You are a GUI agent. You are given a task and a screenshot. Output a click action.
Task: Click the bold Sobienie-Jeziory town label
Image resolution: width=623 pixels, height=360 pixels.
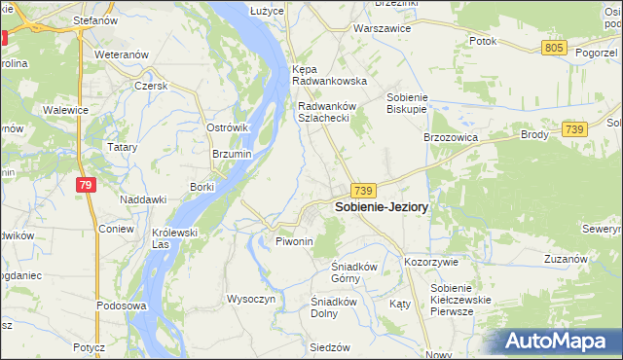click(382, 207)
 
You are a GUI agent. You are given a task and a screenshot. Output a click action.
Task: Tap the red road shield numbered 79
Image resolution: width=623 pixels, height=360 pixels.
click(87, 185)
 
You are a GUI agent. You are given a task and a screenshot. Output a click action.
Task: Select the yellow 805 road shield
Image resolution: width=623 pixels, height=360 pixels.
click(555, 48)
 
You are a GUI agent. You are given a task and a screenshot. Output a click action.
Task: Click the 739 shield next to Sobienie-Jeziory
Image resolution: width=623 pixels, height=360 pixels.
click(364, 190)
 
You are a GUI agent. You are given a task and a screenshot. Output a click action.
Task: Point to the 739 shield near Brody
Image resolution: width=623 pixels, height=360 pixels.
click(574, 129)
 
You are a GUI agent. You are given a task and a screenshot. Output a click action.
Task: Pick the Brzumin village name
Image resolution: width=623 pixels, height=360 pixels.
click(232, 154)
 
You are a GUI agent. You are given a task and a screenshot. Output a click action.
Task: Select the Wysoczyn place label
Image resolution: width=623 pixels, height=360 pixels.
click(251, 299)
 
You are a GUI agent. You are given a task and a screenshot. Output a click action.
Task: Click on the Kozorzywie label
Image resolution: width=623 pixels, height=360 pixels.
click(430, 263)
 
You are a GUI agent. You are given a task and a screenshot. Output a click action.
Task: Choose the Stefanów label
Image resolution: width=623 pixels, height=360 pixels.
click(96, 18)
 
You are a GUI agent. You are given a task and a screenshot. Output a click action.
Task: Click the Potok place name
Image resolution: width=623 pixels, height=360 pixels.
click(483, 41)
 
